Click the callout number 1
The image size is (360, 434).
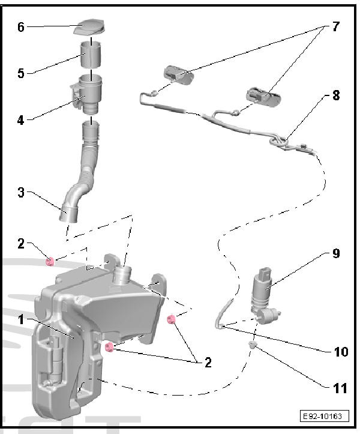coord(20,319)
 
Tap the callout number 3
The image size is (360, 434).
coord(21,193)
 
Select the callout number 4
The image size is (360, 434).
coord(21,119)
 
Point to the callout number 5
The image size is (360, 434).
coord(21,73)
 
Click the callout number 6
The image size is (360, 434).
coord(21,27)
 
